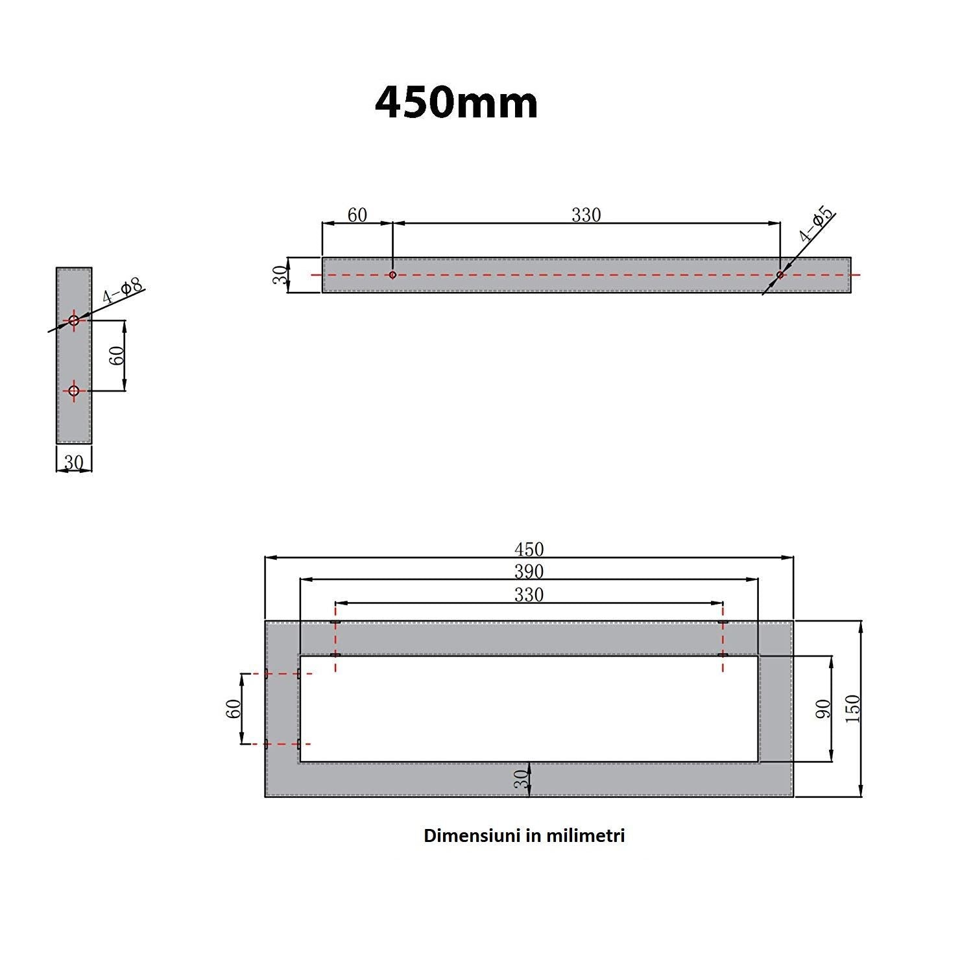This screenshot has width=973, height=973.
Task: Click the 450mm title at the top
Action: click(x=457, y=102)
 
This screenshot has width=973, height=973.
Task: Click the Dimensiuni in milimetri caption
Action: click(x=524, y=835)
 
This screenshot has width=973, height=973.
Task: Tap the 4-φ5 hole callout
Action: click(x=816, y=224)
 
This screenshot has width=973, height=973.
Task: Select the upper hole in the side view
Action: click(x=74, y=320)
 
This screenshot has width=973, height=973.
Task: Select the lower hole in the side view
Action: click(x=74, y=390)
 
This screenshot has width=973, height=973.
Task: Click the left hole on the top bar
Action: click(x=392, y=275)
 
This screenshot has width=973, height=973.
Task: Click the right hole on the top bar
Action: click(x=780, y=275)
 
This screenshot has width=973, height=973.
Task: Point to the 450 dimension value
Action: click(x=529, y=549)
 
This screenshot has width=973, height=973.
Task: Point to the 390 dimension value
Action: click(x=529, y=571)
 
